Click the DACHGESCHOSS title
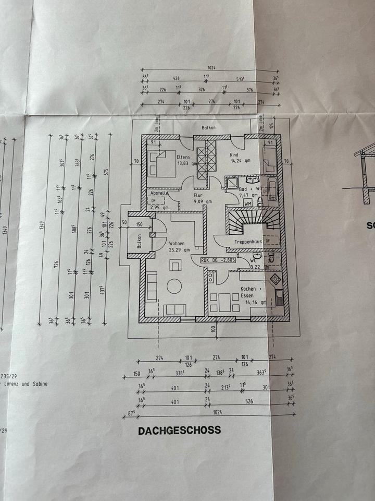pyautogui.click(x=179, y=431)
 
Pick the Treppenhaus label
pyautogui.click(x=247, y=242)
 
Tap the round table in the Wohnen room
pyautogui.click(x=173, y=285)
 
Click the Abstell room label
pyautogui.click(x=159, y=193)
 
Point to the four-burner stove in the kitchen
pyautogui.click(x=276, y=279)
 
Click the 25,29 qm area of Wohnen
pyautogui.click(x=177, y=250)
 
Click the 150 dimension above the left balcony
pyautogui.click(x=139, y=224)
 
